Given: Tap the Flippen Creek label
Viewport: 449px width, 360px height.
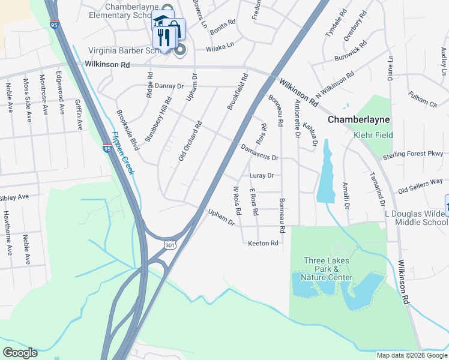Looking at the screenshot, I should click(123, 154).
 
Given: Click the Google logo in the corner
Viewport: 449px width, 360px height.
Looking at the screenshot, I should click(20, 353).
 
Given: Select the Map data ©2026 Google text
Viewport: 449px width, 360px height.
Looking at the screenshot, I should click(412, 355).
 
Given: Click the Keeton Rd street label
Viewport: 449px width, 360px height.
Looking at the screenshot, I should click(264, 243).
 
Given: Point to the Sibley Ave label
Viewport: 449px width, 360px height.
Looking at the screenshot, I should click(14, 197).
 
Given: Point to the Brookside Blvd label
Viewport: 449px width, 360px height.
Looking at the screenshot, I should click(127, 128).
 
